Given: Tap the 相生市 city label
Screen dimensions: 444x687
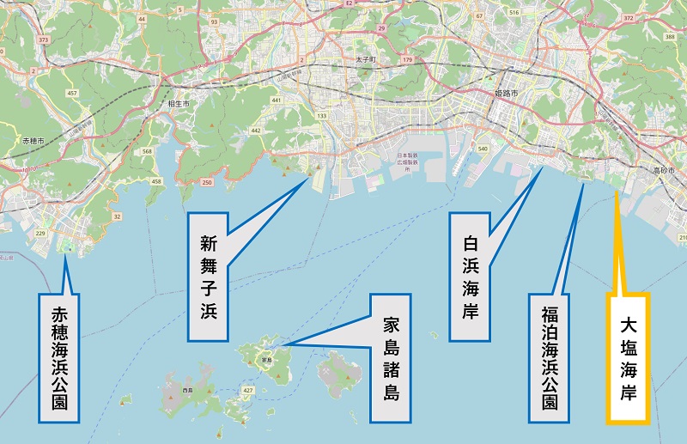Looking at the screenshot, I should [x=179, y=103].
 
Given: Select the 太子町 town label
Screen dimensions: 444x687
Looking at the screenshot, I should [x=367, y=59].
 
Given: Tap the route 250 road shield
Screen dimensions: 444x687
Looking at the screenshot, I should [x=207, y=183].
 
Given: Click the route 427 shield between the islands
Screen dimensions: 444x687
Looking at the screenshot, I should [x=247, y=390].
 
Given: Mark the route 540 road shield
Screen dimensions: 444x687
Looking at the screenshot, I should [x=483, y=149].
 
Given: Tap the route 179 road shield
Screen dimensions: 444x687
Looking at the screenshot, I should [x=408, y=59].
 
